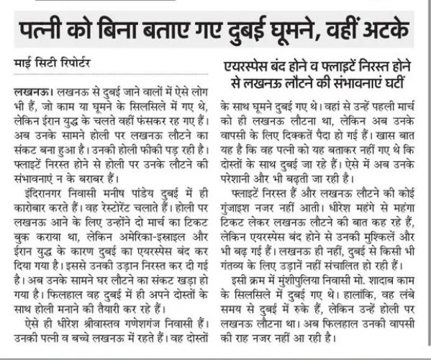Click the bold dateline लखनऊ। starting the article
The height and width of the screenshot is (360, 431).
[x=30, y=94]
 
